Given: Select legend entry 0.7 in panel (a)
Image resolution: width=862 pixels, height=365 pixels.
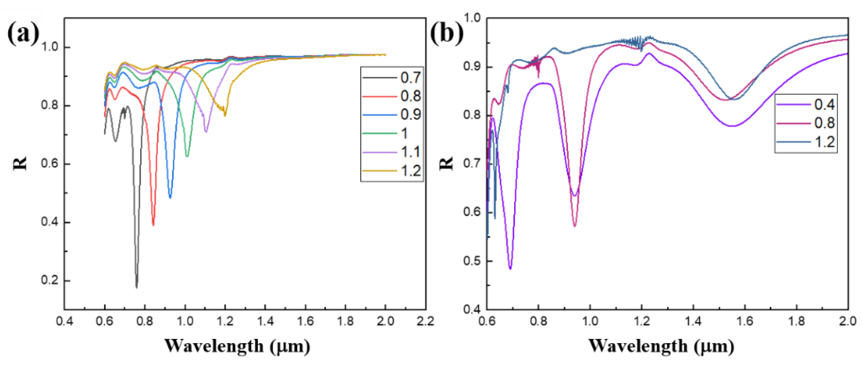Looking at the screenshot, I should click(410, 78).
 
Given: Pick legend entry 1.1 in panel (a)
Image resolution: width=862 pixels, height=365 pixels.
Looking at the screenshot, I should click(410, 152).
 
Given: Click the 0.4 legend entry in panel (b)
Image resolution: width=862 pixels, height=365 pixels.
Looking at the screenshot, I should click(824, 105).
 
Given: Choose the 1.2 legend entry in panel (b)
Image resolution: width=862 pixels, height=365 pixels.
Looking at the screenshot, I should click(824, 142).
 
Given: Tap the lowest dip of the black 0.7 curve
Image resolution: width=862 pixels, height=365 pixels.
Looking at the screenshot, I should click(136, 287).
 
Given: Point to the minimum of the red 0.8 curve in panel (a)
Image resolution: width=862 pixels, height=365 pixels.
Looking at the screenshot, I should click(153, 225).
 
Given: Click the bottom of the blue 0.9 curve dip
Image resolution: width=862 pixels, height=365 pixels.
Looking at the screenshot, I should click(170, 198).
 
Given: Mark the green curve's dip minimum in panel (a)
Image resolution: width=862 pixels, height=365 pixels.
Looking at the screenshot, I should click(187, 156).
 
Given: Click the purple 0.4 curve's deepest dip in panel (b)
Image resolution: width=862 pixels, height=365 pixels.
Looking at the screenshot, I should click(510, 269).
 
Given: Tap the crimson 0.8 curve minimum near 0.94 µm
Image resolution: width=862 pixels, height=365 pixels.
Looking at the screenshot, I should click(575, 226).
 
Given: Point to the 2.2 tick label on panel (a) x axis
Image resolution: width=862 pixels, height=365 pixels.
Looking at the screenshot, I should click(425, 321).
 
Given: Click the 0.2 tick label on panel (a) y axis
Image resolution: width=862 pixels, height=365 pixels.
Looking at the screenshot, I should click(50, 280).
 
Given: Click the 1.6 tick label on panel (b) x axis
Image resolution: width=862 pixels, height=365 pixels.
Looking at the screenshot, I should click(745, 321).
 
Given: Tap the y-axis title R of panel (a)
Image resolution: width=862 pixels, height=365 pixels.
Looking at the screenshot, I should click(20, 163).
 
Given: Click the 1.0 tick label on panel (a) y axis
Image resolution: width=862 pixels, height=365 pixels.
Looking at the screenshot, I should click(50, 47).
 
